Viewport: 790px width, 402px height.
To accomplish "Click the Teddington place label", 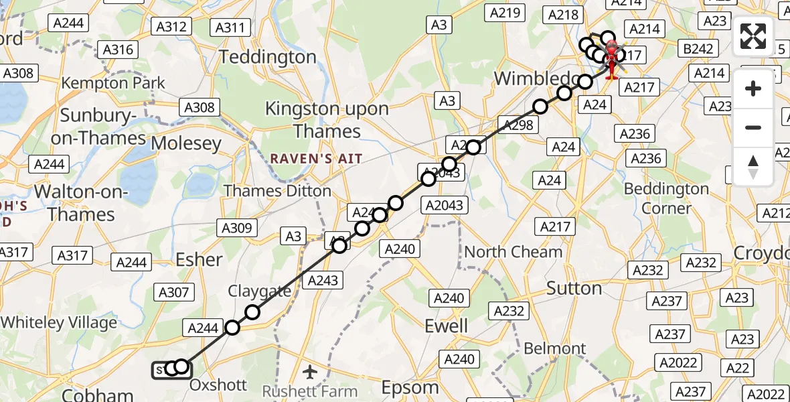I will tap(267, 57).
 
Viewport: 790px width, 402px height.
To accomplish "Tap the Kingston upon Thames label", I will tap(327, 119).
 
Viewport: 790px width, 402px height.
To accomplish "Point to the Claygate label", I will tap(259, 291).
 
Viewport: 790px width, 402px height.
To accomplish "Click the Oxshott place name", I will tap(218, 385).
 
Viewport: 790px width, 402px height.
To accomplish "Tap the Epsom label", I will tap(409, 388).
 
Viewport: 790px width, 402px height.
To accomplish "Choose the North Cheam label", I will tap(513, 252).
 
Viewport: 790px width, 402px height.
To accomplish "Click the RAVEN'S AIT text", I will tap(316, 159).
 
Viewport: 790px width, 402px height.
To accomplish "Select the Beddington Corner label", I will tap(665, 198).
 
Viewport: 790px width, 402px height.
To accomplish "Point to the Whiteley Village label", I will tap(59, 322).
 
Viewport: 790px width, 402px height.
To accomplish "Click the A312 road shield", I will tap(171, 26).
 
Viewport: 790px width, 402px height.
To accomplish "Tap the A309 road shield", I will tap(236, 228).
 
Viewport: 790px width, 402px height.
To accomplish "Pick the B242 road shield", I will tap(700, 48).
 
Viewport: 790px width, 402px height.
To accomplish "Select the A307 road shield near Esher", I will tap(173, 291).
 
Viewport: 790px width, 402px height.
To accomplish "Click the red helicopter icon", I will tap(611, 59).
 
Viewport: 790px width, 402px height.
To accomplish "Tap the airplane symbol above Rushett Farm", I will tap(309, 371).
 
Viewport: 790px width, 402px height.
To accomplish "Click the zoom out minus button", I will tap(753, 127).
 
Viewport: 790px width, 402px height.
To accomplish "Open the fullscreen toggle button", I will tap(753, 36).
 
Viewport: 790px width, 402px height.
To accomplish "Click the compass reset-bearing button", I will tap(753, 166).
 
